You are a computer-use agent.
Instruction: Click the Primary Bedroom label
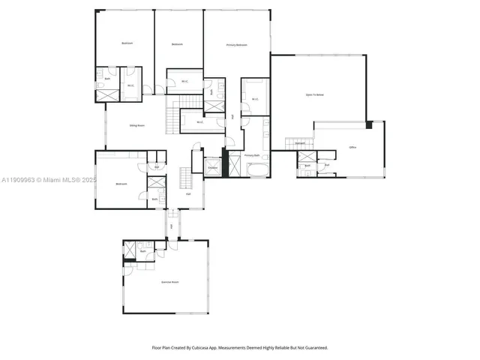tap(237, 45)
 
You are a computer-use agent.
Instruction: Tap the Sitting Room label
tap(137, 126)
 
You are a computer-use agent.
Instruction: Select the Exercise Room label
tap(170, 282)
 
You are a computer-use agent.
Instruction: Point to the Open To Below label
tap(314, 95)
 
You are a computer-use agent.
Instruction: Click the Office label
tap(352, 147)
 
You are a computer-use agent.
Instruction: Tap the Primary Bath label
tap(252, 155)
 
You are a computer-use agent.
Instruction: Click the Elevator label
tap(212, 167)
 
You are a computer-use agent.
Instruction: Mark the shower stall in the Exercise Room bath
tap(130, 249)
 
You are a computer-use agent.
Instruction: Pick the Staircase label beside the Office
tap(299, 142)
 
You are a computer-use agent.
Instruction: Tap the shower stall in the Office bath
tap(307, 157)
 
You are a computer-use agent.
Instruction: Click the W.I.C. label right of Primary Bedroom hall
tap(255, 98)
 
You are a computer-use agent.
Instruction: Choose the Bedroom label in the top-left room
tap(127, 43)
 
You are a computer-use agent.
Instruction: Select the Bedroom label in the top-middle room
tap(177, 45)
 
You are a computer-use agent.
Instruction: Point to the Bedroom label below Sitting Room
tap(121, 184)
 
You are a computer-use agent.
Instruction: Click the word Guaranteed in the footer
tap(315, 347)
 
